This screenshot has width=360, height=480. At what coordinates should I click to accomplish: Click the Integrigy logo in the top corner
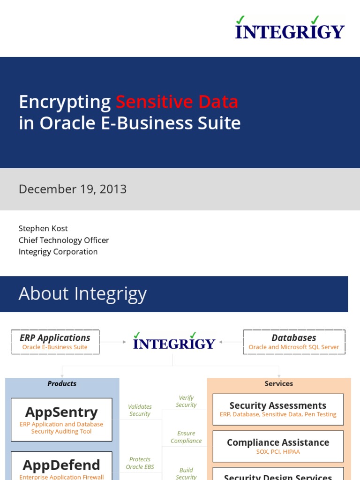(290, 28)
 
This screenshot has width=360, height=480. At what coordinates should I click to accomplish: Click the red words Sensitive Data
(177, 102)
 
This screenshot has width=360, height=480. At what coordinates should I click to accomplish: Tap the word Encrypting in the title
(65, 102)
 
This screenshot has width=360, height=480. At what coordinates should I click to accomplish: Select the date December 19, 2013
(73, 189)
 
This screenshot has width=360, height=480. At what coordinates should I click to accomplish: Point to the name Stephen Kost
(43, 228)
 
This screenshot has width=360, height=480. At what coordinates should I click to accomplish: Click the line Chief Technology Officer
(64, 240)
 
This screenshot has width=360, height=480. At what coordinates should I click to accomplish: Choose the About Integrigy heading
(82, 294)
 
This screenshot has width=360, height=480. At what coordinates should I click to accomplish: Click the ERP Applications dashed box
(55, 342)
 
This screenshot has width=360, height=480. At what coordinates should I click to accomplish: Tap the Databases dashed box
(294, 342)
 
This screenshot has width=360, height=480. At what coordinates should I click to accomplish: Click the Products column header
(62, 383)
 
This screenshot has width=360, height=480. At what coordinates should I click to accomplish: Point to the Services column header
(279, 383)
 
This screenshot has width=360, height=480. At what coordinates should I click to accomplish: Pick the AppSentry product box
(61, 419)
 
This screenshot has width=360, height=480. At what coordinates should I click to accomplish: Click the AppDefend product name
(61, 465)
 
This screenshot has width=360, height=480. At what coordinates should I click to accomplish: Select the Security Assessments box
(278, 409)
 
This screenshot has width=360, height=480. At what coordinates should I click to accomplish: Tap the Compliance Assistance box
(278, 446)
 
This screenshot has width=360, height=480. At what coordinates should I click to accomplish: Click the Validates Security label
(140, 410)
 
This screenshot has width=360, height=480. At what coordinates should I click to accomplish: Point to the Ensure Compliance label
(186, 437)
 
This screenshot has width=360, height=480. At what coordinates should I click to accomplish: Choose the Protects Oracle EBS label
(140, 463)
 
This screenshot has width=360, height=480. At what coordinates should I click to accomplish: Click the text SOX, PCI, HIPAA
(278, 452)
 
